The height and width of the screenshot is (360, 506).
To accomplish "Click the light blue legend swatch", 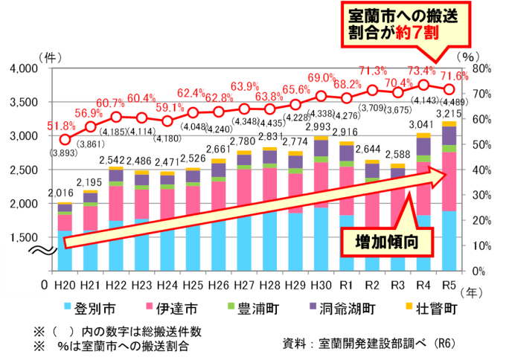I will point(68,306).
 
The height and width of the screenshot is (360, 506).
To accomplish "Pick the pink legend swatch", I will point(150,306).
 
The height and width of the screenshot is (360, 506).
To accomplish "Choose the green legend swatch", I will point(231,306).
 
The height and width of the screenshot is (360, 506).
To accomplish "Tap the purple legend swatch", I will point(313,306).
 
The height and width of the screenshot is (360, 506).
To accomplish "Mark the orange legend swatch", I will point(409,306).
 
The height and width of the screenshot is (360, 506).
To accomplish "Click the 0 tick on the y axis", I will point(44,283).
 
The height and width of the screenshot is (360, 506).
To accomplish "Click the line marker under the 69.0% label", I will point(321,96).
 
